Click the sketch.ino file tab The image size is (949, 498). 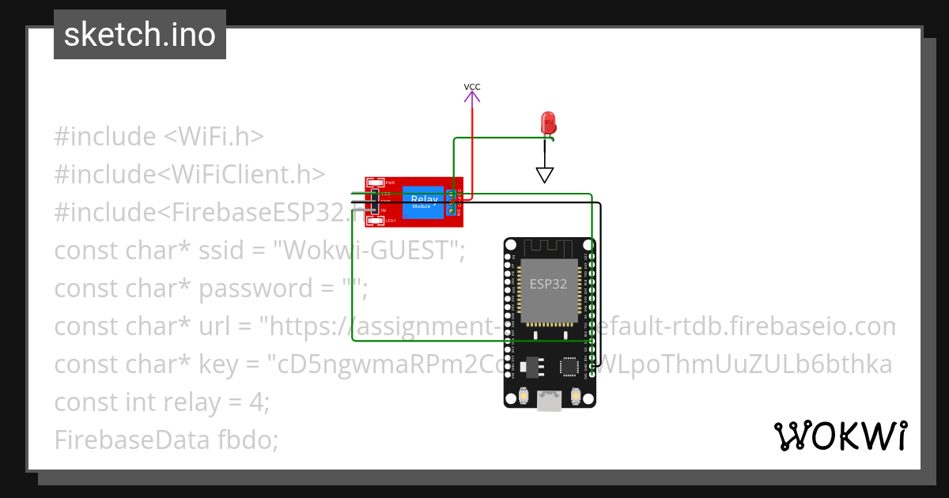(x=139, y=35)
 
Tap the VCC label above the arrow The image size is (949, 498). (x=472, y=87)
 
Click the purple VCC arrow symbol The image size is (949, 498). (x=472, y=97)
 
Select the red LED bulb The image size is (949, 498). (x=547, y=123)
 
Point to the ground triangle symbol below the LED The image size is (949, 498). (x=544, y=175)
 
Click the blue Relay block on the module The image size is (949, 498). (x=422, y=202)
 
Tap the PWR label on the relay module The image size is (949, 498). (x=390, y=183)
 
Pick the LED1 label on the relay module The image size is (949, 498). (x=390, y=221)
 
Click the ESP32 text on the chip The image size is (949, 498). (x=548, y=285)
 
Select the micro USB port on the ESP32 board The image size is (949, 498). (x=549, y=402)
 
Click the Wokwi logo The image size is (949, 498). (x=840, y=436)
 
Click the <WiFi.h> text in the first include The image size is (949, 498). (x=214, y=137)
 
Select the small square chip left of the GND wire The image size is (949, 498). (x=569, y=365)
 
